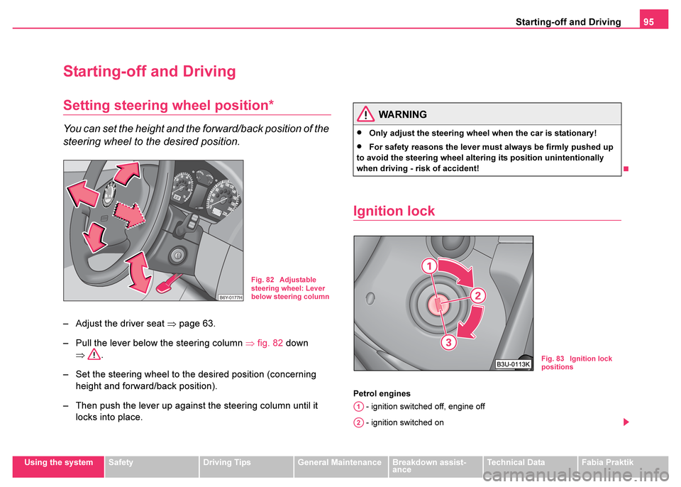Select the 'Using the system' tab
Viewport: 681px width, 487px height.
[59, 462]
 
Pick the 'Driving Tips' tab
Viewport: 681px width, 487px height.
[227, 462]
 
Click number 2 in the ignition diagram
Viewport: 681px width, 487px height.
[477, 295]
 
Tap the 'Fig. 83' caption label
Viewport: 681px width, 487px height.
[553, 359]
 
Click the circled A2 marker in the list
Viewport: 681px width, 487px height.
[358, 422]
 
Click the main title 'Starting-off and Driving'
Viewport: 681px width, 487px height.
[149, 71]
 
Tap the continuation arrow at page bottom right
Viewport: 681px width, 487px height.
[626, 423]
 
